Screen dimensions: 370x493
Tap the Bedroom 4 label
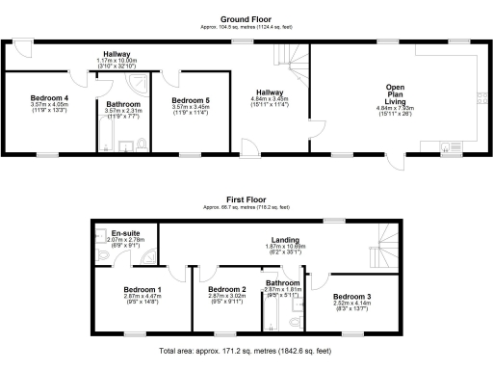(49, 97)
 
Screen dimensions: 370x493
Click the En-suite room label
(125, 233)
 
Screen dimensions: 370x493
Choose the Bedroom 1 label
(143, 289)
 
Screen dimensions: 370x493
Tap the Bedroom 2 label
(228, 289)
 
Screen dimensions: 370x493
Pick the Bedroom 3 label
(351, 296)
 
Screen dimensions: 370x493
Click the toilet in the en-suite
(102, 256)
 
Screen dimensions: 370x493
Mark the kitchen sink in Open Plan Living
(444, 147)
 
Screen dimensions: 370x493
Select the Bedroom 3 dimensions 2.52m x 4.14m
(351, 305)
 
